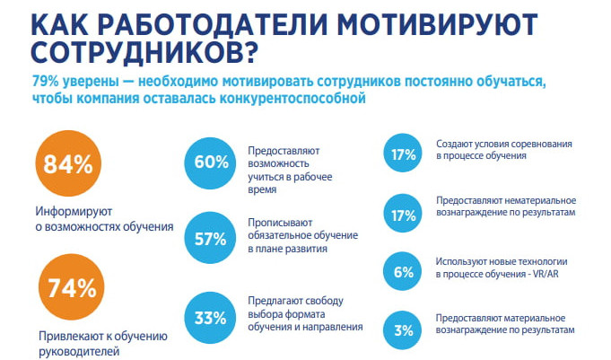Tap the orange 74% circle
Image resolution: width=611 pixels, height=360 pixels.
tap(67, 288)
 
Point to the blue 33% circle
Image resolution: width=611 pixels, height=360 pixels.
tap(211, 316)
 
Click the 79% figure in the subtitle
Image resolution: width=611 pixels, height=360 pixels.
tap(45, 83)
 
